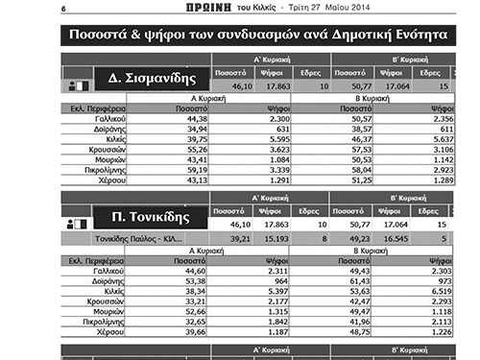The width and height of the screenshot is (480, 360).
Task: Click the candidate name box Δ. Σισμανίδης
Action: pyautogui.click(x=152, y=78)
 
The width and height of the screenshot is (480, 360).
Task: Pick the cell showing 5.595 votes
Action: pyautogui.click(x=274, y=138)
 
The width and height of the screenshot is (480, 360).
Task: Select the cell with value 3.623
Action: pyautogui.click(x=274, y=149)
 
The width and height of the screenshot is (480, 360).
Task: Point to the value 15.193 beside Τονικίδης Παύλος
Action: pyautogui.click(x=272, y=237)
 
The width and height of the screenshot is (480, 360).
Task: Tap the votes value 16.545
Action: pyautogui.click(x=396, y=237)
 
